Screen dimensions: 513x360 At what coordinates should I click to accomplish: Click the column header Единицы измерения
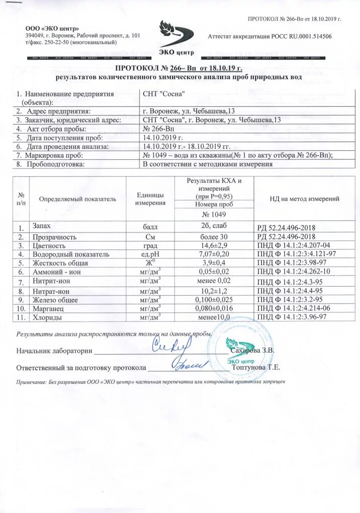pyautogui.click(x=149, y=199)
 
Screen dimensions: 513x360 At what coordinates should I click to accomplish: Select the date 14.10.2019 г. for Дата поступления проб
pyautogui.click(x=163, y=137)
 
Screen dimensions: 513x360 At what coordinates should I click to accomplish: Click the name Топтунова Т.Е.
pyautogui.click(x=256, y=367)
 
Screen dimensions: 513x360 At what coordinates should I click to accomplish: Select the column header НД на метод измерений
pyautogui.click(x=297, y=199)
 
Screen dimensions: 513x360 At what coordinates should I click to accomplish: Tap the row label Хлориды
pyautogui.click(x=47, y=317)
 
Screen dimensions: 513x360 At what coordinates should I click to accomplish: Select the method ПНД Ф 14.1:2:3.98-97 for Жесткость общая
pyautogui.click(x=291, y=263)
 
